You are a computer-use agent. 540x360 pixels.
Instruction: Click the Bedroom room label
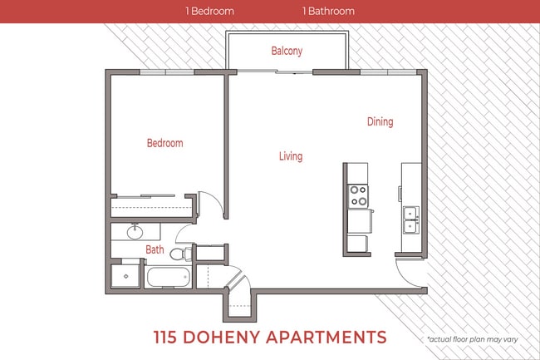(164, 143)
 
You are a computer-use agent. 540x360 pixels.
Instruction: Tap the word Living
(290, 156)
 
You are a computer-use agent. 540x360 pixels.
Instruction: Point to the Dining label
(380, 122)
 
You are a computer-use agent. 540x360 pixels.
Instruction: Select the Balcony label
(287, 51)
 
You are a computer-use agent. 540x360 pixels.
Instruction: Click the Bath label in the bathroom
(155, 249)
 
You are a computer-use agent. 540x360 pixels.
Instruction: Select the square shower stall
(125, 276)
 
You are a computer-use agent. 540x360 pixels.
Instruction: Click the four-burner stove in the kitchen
(359, 195)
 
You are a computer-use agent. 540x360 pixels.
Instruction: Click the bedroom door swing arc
(213, 205)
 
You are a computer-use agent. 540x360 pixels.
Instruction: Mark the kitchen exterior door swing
(410, 274)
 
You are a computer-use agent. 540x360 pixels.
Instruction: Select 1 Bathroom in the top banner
(328, 12)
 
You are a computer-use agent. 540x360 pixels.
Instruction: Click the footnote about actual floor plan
(477, 339)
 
